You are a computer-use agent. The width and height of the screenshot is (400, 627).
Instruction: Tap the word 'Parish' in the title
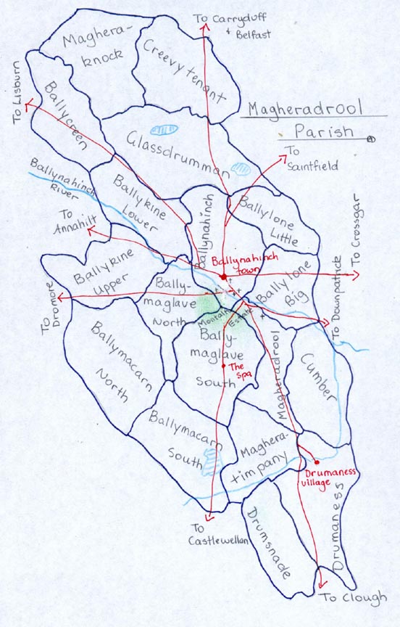323,132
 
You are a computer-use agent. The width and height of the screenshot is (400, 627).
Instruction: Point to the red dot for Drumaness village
317,462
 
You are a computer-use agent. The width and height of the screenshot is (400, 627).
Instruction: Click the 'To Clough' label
354,598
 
